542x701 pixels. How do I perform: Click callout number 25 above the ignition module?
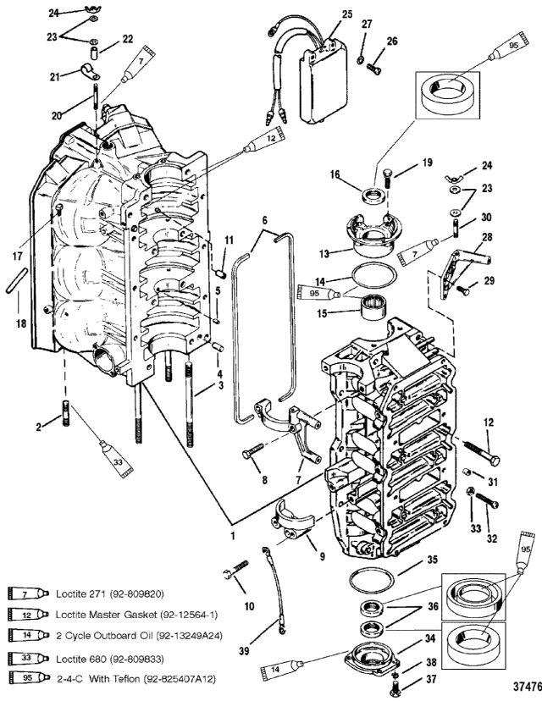point(347,14)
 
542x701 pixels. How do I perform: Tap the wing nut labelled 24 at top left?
point(93,8)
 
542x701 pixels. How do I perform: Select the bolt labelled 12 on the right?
point(482,452)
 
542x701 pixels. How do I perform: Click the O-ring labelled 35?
point(372,580)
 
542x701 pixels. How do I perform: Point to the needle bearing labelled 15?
point(373,308)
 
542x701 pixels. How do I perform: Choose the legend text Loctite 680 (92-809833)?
point(110,659)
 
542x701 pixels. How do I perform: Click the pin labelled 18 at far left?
point(17,281)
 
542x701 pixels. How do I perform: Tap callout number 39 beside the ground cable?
point(244,651)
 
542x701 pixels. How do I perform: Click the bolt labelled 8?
point(253,450)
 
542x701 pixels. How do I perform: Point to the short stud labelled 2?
point(66,412)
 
